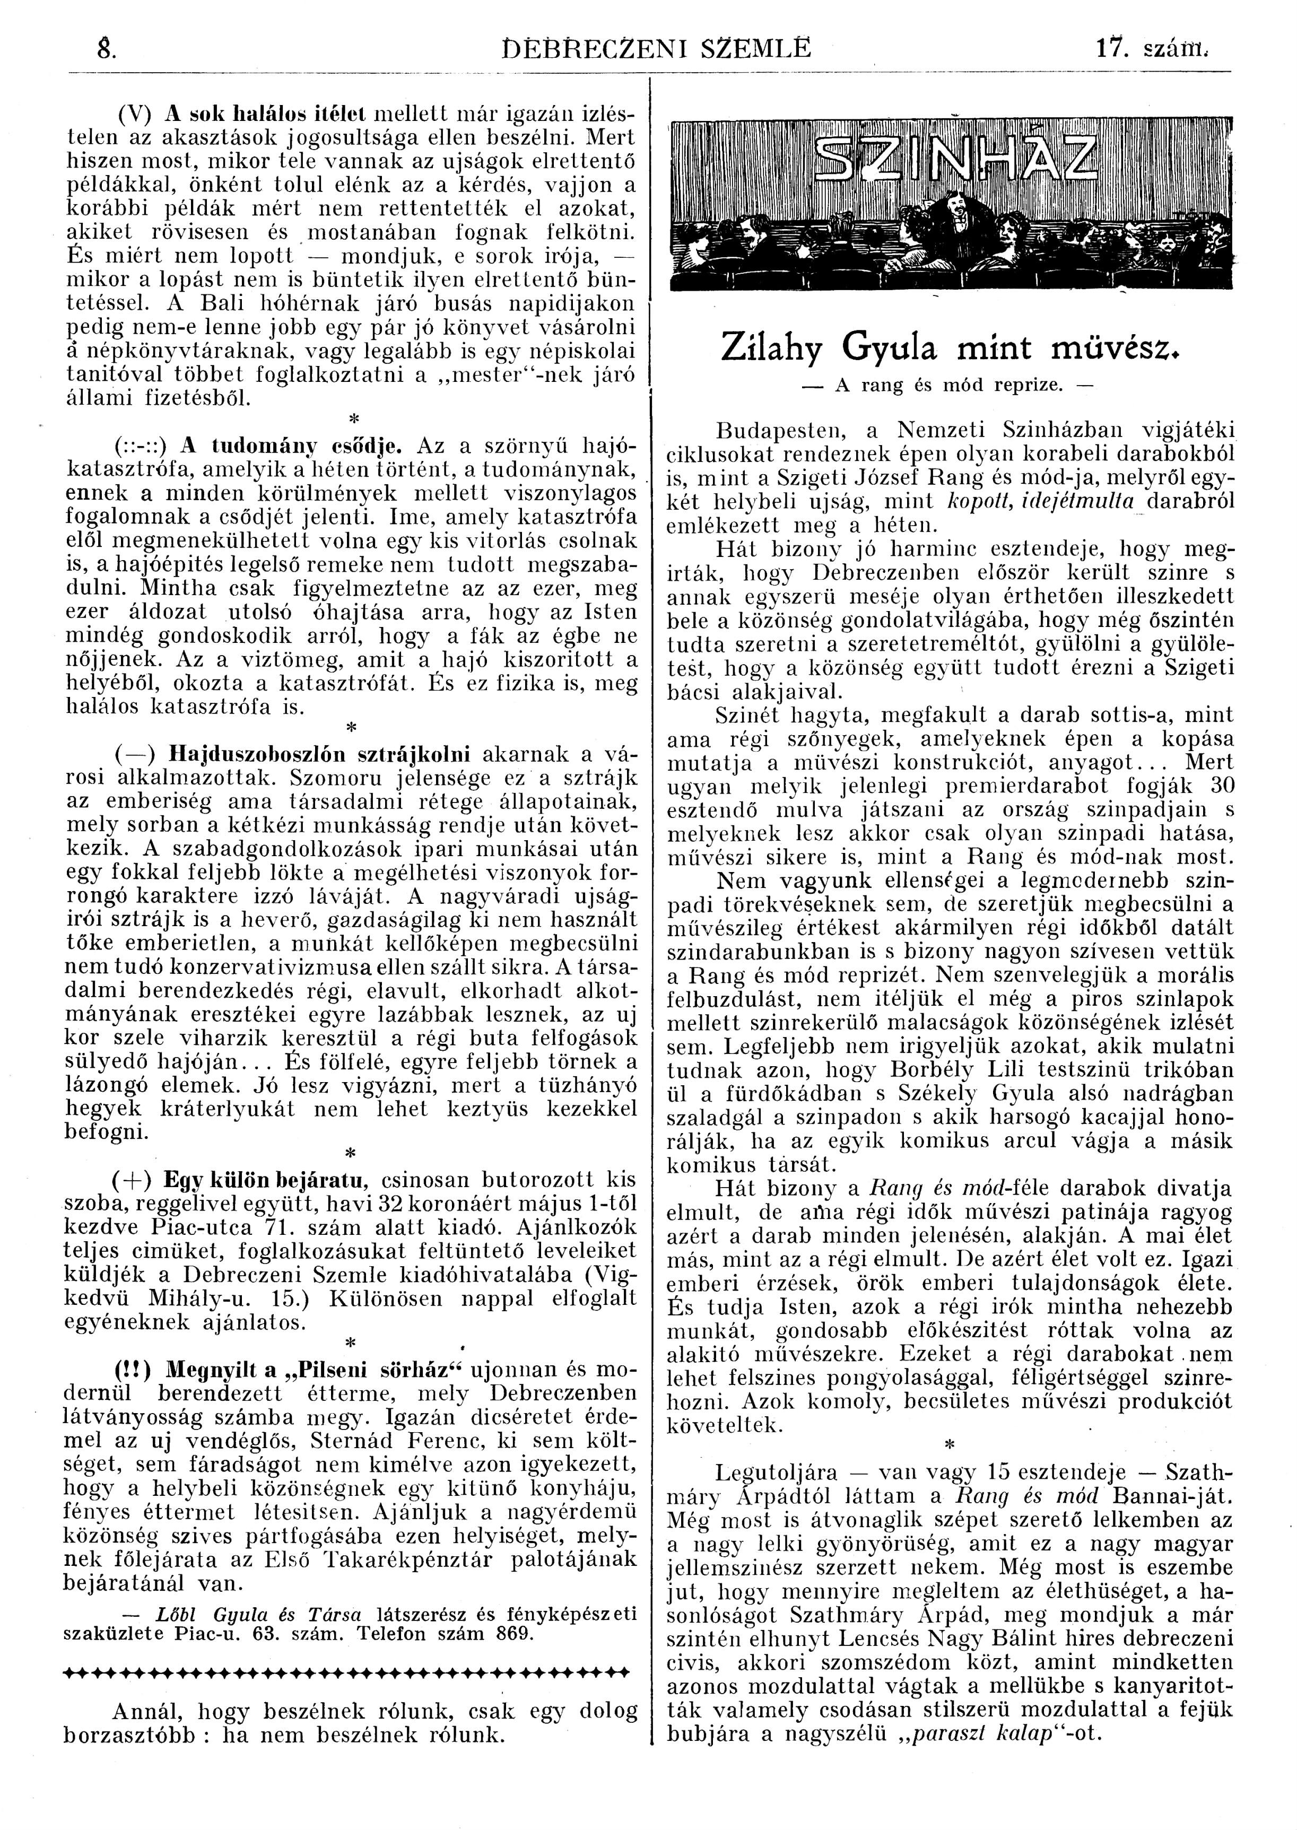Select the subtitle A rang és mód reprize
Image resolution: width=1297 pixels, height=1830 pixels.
[949, 385]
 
